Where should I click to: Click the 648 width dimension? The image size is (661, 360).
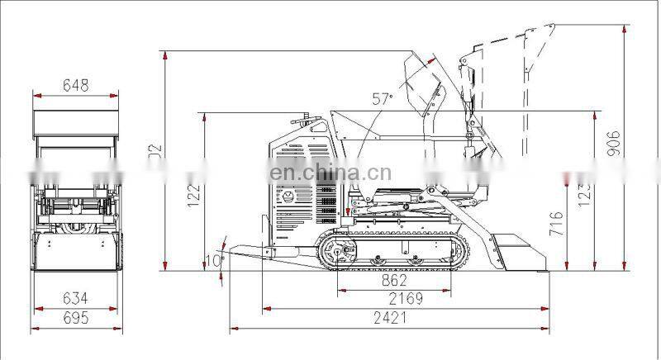pos(74,85)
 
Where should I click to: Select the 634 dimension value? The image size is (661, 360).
pos(74,298)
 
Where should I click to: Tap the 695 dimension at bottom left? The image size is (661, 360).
pos(74,318)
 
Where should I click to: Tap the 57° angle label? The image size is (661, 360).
pos(382,99)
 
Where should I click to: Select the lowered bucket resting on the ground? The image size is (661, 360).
pos(516,251)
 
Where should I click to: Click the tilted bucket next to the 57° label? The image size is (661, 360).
pos(421,83)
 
